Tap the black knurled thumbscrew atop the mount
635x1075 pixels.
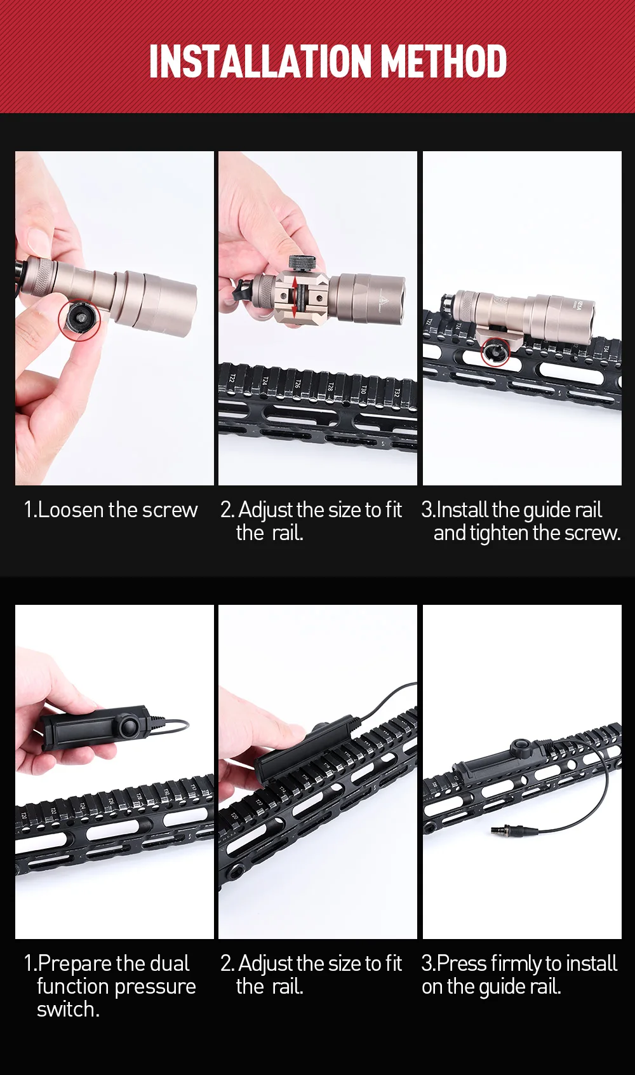click(x=303, y=263)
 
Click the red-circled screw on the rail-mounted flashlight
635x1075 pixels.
click(x=495, y=352)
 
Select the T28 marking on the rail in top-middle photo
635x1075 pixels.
click(x=330, y=386)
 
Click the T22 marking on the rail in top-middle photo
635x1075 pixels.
click(x=232, y=377)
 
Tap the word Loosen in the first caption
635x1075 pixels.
click(x=71, y=510)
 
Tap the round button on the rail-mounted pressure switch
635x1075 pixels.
click(x=523, y=747)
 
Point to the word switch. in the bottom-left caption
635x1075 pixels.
click(x=68, y=1010)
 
